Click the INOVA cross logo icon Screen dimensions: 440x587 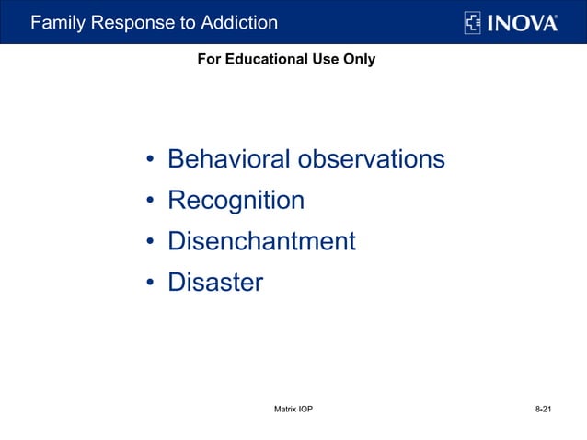(x=473, y=22)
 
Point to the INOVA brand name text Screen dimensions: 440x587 (x=523, y=22)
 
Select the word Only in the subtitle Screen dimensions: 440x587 (x=358, y=59)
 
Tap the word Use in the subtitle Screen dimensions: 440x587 (x=324, y=59)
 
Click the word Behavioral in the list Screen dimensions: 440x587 (x=226, y=159)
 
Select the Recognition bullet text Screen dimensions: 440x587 (x=236, y=201)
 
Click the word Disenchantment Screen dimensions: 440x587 (x=261, y=241)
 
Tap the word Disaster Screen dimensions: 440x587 (x=214, y=283)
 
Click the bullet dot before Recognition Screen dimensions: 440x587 (x=148, y=203)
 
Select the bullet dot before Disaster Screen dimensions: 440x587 (x=148, y=284)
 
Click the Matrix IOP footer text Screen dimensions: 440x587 (x=293, y=408)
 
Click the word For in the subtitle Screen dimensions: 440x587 (x=210, y=59)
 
